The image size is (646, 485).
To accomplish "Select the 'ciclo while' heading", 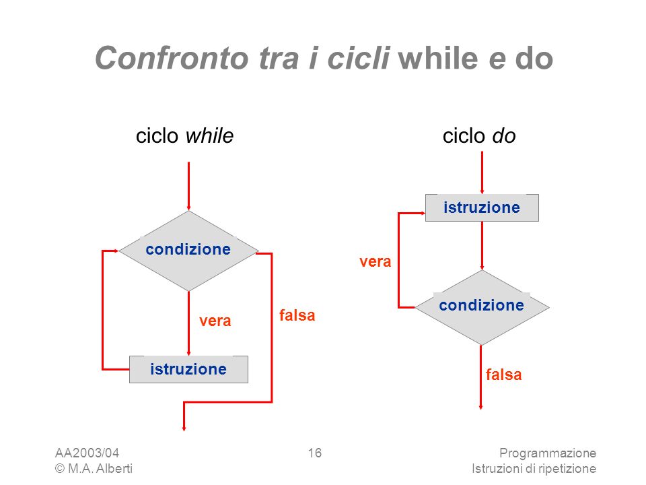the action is tap(184, 135).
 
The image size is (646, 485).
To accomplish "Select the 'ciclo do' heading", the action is tap(479, 135).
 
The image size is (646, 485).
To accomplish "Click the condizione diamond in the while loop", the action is tap(188, 251).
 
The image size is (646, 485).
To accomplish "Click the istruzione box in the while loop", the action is tap(188, 369).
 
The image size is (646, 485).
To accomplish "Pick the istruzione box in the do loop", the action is tap(482, 207).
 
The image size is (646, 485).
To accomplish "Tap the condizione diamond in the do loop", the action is tap(482, 307).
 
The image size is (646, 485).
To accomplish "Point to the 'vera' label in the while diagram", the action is tap(215, 321).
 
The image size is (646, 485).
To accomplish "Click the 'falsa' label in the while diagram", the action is tap(297, 315).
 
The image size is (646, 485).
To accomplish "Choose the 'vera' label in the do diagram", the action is tap(375, 261).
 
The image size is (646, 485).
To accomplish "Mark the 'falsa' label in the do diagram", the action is tap(503, 375).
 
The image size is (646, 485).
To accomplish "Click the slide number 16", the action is tap(315, 453).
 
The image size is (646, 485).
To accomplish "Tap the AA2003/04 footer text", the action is tap(87, 453).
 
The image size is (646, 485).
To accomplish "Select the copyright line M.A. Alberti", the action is tap(94, 469).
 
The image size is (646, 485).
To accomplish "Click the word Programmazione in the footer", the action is tap(548, 453).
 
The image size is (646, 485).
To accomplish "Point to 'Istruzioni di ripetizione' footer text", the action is tap(534, 469).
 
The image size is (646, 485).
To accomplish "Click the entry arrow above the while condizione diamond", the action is tap(188, 186).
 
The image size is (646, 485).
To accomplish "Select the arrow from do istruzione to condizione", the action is tap(482, 246).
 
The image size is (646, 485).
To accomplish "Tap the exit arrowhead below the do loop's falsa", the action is tap(480, 407).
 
